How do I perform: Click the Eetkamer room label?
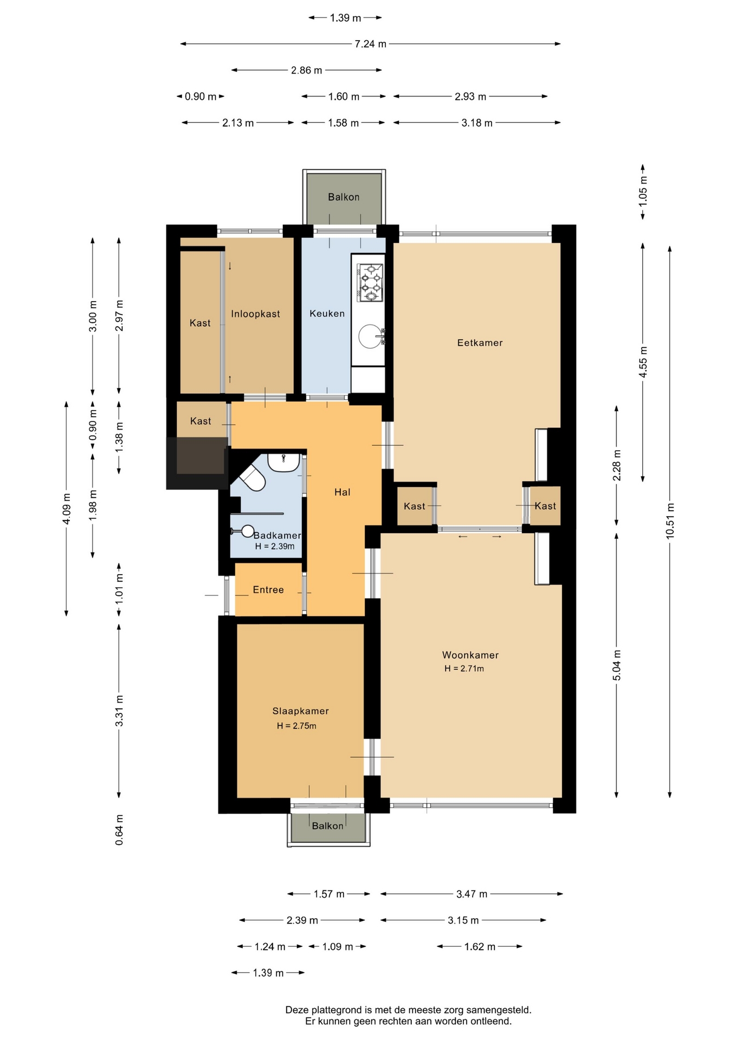(x=480, y=343)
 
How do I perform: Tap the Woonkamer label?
(x=470, y=655)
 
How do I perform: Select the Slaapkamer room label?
(x=300, y=711)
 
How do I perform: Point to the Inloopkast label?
(x=255, y=314)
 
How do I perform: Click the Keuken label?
(x=327, y=314)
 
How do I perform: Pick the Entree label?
(x=268, y=590)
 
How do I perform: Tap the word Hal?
(x=343, y=492)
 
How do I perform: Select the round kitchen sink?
(x=371, y=336)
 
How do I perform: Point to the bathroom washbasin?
(x=283, y=463)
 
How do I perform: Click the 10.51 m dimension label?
(x=670, y=521)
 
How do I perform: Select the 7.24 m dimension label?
(x=371, y=44)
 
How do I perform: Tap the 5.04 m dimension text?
(x=617, y=665)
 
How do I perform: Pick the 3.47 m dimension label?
(x=472, y=894)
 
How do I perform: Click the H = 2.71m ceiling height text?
(x=464, y=668)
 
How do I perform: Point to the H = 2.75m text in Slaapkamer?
(x=296, y=726)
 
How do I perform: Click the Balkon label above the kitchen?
(x=344, y=197)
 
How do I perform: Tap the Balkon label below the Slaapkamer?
(x=327, y=826)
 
